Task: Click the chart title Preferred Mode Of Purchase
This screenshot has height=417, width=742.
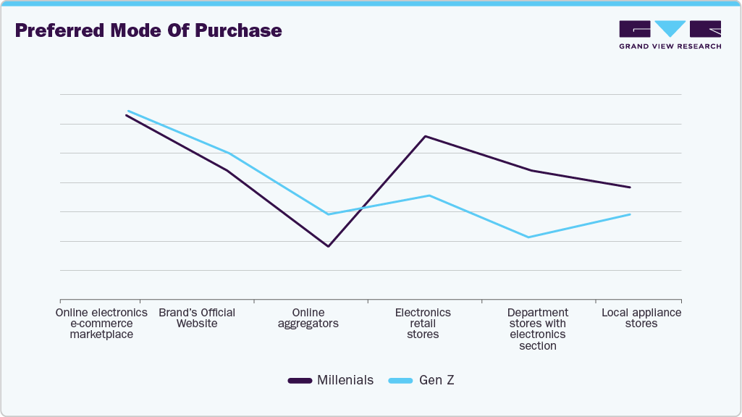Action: (148, 31)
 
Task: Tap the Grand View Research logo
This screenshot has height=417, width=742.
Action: (670, 35)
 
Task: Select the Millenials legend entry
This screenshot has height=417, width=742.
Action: (331, 380)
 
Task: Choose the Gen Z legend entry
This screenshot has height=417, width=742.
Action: (421, 380)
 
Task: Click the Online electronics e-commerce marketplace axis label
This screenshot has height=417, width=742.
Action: (101, 323)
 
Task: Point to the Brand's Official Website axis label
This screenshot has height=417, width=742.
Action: (197, 318)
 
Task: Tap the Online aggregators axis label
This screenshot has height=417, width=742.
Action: (308, 318)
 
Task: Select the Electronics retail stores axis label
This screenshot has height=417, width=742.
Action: (423, 323)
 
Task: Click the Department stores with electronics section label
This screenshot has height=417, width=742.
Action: (537, 329)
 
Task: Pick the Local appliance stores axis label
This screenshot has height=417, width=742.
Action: (641, 318)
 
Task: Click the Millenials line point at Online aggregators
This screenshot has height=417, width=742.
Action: (329, 246)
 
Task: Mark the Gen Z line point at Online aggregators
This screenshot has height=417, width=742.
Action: (329, 214)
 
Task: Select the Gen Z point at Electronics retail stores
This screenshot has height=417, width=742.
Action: (429, 195)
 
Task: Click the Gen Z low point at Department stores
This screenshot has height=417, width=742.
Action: (529, 237)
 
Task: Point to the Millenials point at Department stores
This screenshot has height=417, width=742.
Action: (530, 170)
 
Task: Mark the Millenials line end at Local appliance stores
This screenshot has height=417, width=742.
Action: (630, 188)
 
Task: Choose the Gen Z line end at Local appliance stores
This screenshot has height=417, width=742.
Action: (630, 214)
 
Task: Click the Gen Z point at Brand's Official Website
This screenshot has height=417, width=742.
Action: (228, 153)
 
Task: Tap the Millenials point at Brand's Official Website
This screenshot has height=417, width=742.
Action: (227, 170)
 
